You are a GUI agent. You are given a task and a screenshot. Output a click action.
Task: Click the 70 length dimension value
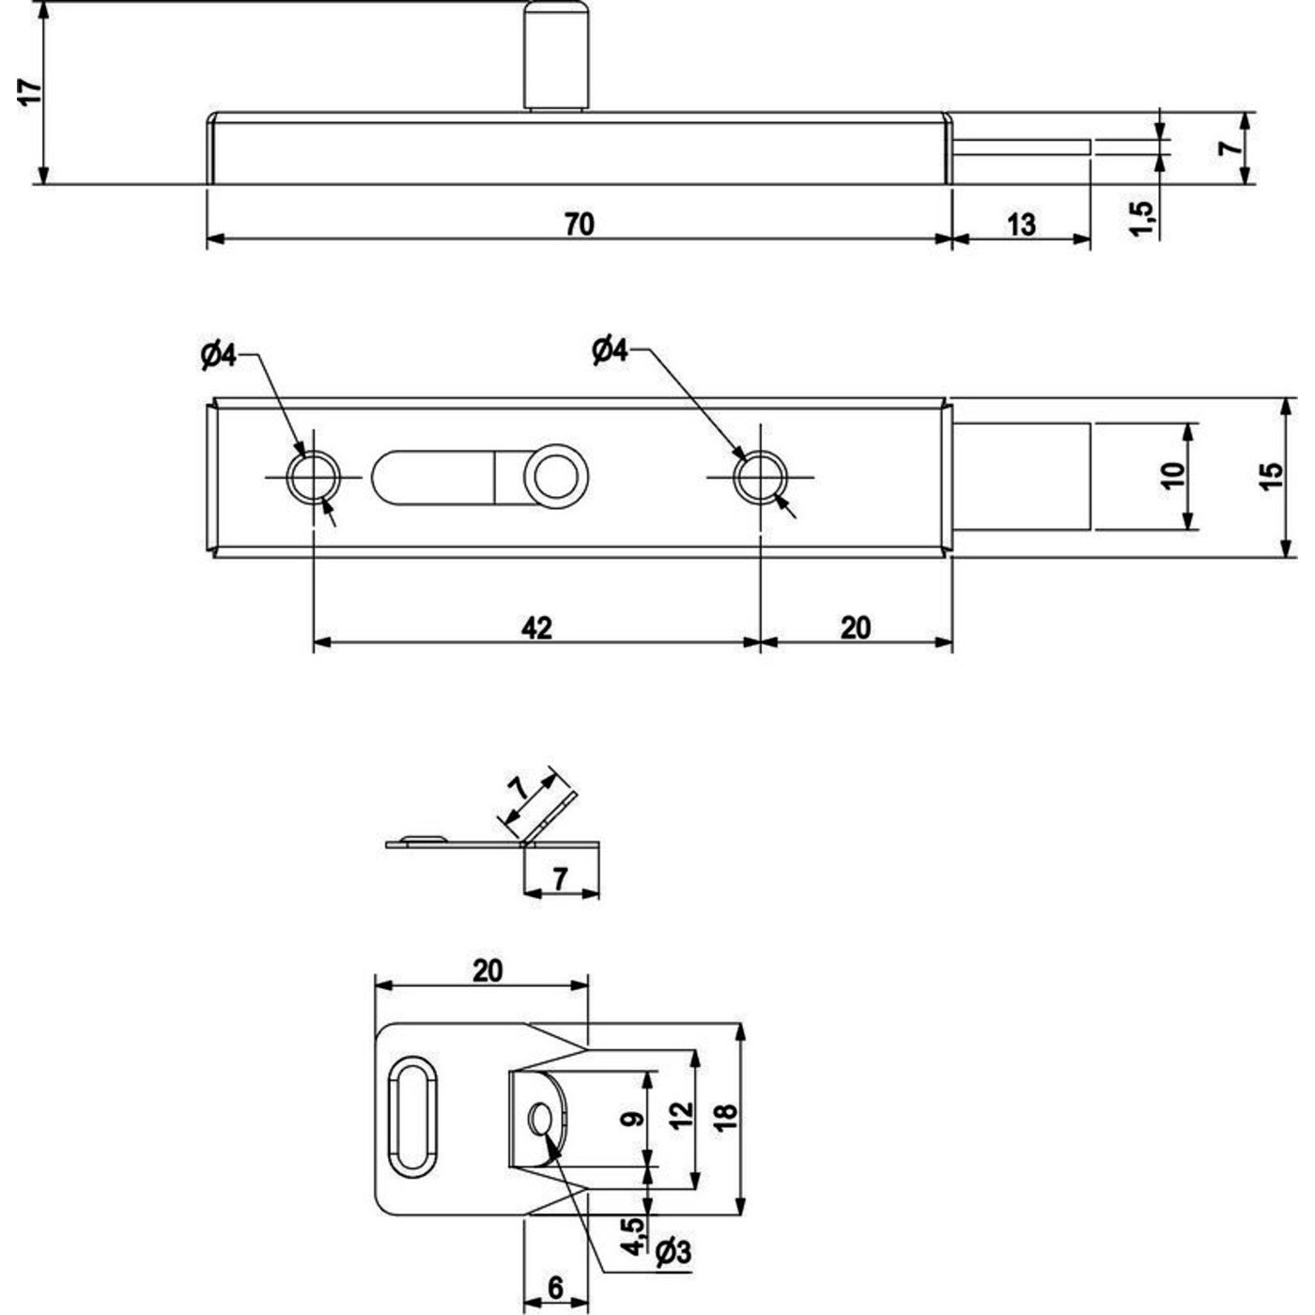tap(580, 225)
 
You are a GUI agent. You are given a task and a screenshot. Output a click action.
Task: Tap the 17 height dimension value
tap(30, 92)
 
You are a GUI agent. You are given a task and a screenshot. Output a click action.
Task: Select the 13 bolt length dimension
tap(1021, 225)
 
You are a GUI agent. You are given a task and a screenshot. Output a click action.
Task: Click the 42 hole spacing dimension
tap(536, 627)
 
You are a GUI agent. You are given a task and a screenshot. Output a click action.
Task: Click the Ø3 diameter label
tap(673, 1251)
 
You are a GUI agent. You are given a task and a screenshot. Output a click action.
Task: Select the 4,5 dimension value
tap(633, 1235)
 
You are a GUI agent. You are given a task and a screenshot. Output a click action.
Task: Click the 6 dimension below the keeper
tap(555, 1288)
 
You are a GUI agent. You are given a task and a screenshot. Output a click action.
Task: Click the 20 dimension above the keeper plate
tap(487, 969)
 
